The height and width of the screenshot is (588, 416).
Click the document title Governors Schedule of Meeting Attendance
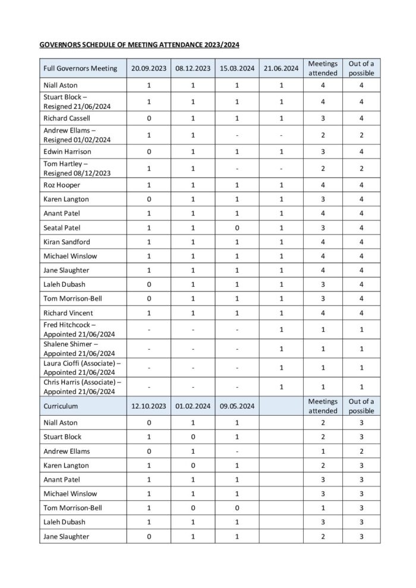[139, 45]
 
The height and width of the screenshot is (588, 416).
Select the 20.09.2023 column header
[149, 68]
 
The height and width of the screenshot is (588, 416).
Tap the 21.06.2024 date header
[281, 68]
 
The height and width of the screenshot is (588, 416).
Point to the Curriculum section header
[61, 406]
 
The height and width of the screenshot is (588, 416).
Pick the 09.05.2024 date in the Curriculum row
[237, 406]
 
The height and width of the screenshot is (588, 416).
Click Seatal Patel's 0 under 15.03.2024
[237, 227]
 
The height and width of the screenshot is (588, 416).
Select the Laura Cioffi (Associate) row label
[81, 363]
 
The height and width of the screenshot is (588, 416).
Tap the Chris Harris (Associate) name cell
[82, 382]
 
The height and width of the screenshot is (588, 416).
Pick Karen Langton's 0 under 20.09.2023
[149, 199]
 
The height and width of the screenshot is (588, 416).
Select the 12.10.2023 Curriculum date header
[149, 406]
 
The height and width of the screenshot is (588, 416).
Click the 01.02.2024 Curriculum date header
[193, 406]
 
